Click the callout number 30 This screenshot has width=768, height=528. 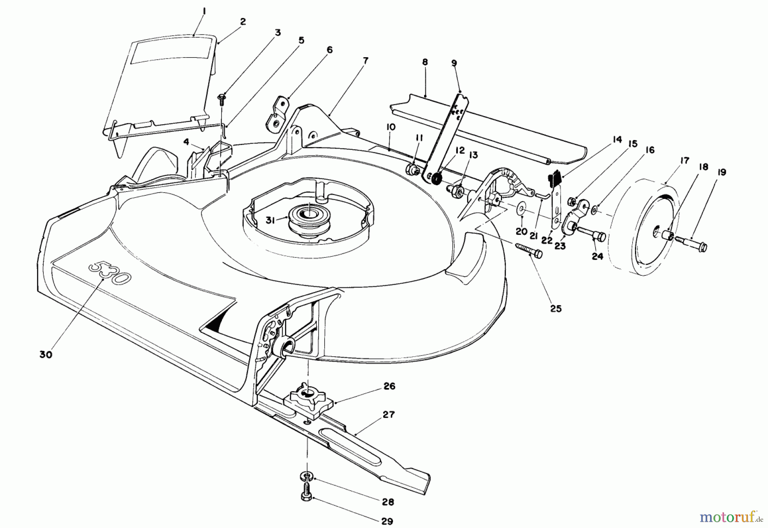pos(45,354)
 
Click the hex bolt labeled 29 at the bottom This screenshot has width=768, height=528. pos(307,496)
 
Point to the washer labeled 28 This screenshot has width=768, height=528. pos(307,475)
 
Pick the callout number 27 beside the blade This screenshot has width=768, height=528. pos(389,414)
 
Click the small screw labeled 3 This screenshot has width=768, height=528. pos(221,99)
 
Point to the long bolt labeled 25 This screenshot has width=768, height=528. pos(528,251)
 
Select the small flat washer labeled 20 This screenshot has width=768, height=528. pos(521,210)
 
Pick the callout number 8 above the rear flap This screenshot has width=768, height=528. pos(425,62)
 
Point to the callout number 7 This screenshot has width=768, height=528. pos(365,61)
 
